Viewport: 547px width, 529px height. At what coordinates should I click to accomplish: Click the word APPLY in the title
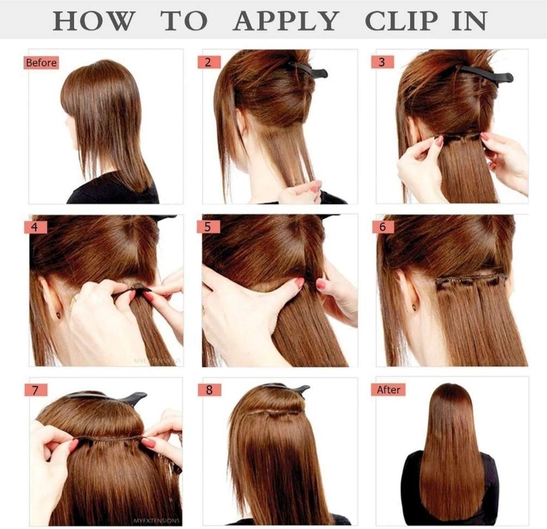[x=286, y=21]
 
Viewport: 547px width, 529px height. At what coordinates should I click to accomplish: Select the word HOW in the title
[x=94, y=21]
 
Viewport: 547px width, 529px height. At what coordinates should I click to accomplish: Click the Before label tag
[x=41, y=63]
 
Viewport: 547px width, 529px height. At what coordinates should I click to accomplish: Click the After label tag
[x=388, y=390]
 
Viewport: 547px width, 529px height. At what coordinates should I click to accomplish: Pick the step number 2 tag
[x=208, y=62]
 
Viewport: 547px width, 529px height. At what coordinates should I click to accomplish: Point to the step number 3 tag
[x=382, y=62]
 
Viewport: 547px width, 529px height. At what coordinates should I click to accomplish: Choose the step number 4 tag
[x=35, y=227]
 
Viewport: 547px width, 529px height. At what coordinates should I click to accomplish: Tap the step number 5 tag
[x=208, y=227]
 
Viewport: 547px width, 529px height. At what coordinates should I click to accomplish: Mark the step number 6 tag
[x=382, y=227]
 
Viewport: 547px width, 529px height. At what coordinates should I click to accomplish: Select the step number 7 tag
[x=35, y=390]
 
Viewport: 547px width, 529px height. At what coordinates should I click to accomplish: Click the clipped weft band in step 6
[x=471, y=280]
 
